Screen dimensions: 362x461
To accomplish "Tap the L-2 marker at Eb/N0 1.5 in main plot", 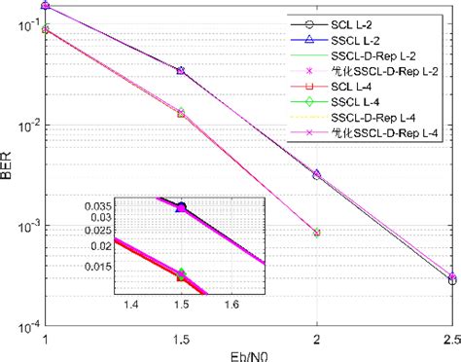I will (180, 71).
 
